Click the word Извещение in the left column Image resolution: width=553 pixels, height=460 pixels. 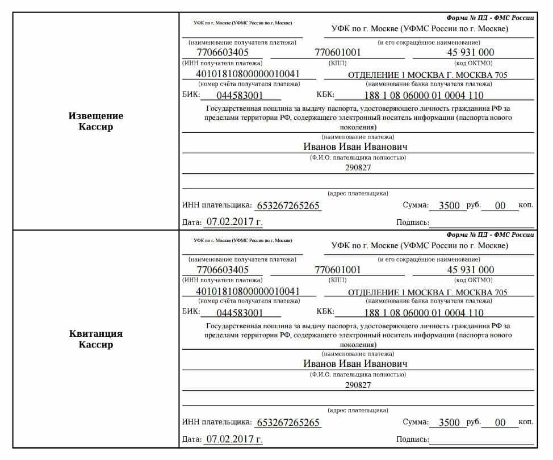[x=95, y=116]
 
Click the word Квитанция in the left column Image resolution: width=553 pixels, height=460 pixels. [x=95, y=333]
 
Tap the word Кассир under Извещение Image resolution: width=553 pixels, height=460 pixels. [x=95, y=127]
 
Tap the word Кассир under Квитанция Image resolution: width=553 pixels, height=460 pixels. [x=95, y=345]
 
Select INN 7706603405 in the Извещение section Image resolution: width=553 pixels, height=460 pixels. [x=223, y=52]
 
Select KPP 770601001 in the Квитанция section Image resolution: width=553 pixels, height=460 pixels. [x=338, y=270]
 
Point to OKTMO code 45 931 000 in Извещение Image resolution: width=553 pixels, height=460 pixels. [x=471, y=52]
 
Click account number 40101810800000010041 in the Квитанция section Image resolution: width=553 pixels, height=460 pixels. [x=248, y=291]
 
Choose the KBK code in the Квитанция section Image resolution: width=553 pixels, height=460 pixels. [x=424, y=313]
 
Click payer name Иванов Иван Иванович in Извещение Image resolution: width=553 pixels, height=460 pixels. [x=355, y=147]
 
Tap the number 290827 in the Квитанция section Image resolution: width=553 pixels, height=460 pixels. [x=358, y=385]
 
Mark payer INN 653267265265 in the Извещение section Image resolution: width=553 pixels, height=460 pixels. [x=288, y=206]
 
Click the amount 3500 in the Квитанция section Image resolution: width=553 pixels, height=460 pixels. [x=449, y=423]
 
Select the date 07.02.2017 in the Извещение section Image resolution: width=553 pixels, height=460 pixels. [x=233, y=221]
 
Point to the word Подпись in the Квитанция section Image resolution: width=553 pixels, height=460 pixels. [x=412, y=440]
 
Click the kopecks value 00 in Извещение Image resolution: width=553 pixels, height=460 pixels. [x=500, y=206]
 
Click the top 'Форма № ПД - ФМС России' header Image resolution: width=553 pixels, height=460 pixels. [x=490, y=17]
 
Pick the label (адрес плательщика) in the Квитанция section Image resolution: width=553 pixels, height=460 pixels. [x=358, y=410]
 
